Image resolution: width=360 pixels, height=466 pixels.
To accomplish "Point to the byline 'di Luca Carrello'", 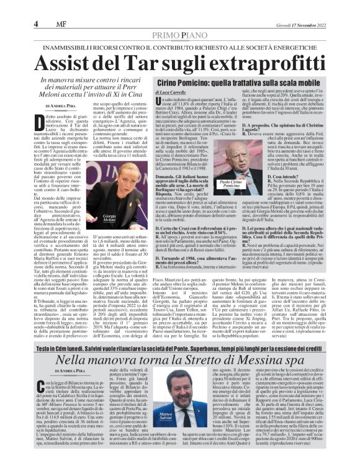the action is [x=174, y=92].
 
